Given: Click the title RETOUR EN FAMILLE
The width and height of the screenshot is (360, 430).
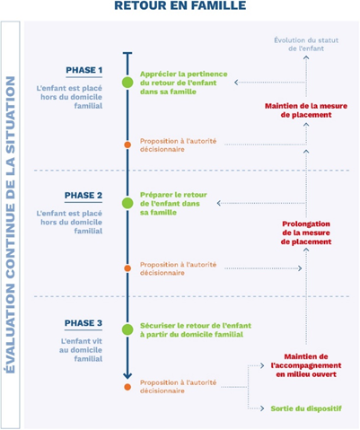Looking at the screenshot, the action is (x=180, y=5).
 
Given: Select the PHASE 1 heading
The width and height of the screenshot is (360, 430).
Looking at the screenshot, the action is (x=84, y=70).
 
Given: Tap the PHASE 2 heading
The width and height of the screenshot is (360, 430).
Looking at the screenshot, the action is (x=83, y=196).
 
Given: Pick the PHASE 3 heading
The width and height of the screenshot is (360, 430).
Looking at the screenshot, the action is (x=83, y=323).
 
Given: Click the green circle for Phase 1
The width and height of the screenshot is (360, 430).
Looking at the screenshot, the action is (x=127, y=83).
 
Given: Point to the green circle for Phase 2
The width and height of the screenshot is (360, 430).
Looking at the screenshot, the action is (x=127, y=203).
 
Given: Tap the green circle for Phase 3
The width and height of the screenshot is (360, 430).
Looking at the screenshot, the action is (x=127, y=329).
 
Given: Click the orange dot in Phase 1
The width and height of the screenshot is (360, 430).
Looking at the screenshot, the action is (x=127, y=145).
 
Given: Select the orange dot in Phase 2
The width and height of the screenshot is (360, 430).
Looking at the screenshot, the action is (x=127, y=268).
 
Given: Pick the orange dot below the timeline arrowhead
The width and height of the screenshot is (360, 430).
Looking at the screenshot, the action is (x=127, y=387).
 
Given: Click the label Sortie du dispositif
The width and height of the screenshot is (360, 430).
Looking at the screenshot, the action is (x=306, y=408).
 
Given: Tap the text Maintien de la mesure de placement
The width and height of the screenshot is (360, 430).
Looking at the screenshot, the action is (x=306, y=110).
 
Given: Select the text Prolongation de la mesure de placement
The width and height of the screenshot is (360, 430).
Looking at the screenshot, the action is (x=306, y=233).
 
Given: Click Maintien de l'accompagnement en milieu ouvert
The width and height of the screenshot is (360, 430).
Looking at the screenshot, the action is (x=306, y=365).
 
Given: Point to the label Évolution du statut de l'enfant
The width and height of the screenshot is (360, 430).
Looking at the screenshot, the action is (x=306, y=44).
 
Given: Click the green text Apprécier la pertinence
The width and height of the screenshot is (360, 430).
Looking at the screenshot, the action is (x=184, y=74).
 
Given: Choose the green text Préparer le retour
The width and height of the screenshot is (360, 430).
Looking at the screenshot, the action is (x=173, y=195).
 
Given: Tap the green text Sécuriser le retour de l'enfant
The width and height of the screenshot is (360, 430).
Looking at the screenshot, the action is (x=196, y=326).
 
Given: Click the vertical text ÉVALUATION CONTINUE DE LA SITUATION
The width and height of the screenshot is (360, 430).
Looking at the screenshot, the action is (x=11, y=224).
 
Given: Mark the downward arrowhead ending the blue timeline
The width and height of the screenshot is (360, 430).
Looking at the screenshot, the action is (x=127, y=375).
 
